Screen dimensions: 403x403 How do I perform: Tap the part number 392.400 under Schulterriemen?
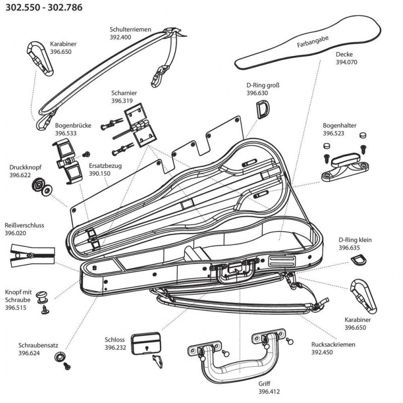click(x=120, y=37)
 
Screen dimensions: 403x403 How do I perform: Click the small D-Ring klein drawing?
click(x=357, y=260)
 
